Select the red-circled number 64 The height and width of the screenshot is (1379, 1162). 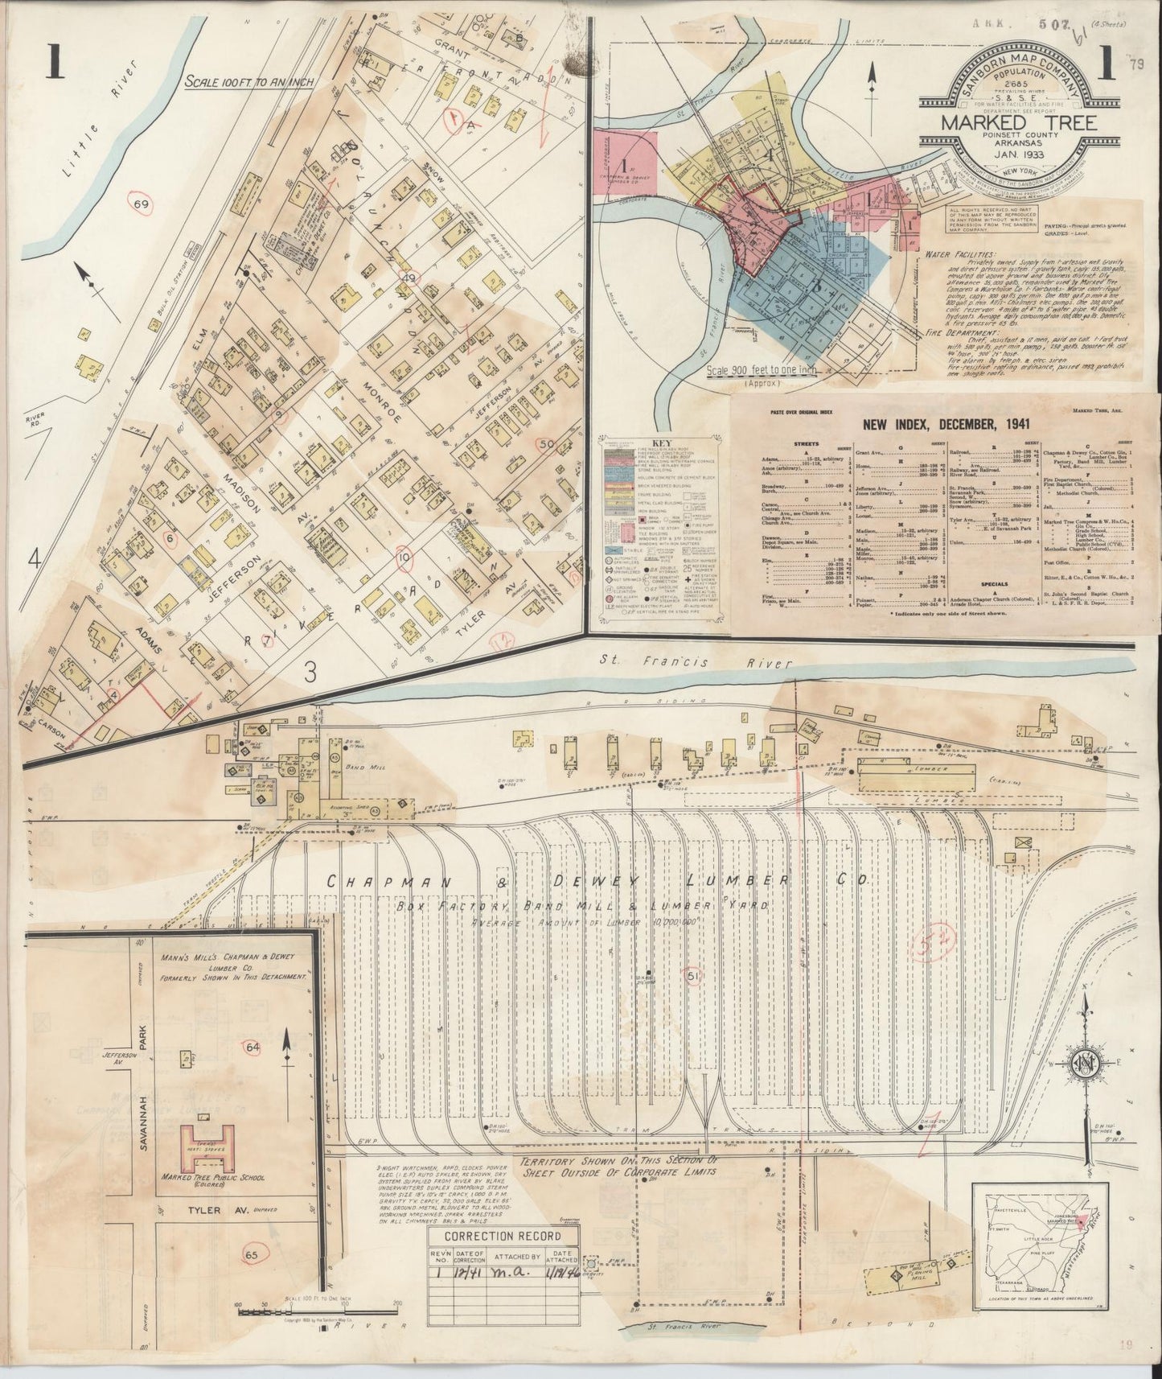coord(254,1046)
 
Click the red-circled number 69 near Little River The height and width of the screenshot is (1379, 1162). coord(142,205)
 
